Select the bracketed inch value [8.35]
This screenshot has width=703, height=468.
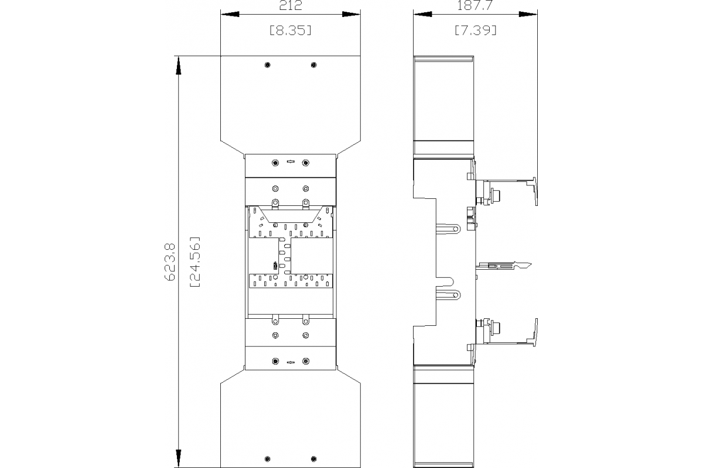click(x=291, y=30)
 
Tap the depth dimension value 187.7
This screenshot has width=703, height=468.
click(x=475, y=6)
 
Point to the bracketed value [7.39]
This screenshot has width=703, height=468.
click(x=475, y=30)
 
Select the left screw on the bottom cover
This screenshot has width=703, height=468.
click(x=268, y=457)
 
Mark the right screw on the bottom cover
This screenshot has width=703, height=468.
click(x=314, y=457)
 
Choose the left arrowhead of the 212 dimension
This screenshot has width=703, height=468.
click(x=230, y=13)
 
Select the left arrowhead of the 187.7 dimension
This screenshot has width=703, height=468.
click(x=422, y=13)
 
